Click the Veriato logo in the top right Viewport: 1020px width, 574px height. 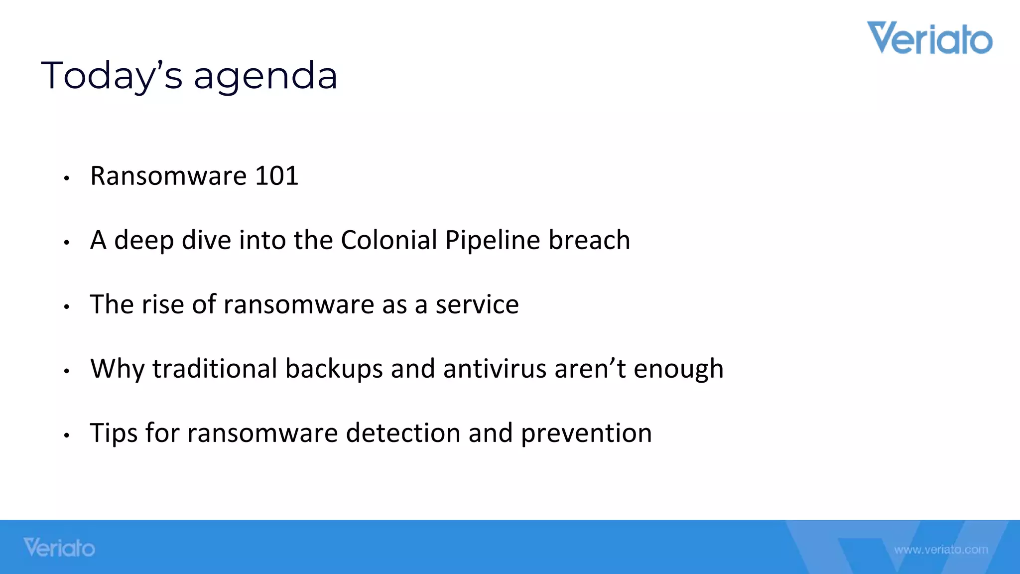pos(929,38)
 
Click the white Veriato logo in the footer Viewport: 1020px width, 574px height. pos(59,548)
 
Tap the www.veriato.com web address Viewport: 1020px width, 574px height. pos(941,550)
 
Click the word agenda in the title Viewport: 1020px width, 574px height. pos(265,76)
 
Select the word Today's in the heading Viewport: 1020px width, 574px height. pos(112,75)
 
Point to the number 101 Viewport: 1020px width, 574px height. pos(276,176)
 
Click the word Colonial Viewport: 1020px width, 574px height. pos(388,240)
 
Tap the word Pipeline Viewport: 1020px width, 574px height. pos(492,240)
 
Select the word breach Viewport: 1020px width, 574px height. pos(589,240)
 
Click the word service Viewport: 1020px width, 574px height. pos(477,304)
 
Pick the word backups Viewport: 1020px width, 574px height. pos(334,369)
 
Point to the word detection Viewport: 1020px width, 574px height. pos(403,433)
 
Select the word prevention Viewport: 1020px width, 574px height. pos(586,433)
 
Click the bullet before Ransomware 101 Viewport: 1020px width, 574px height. pos(66,178)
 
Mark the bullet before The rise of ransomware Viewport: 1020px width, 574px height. pos(66,307)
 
